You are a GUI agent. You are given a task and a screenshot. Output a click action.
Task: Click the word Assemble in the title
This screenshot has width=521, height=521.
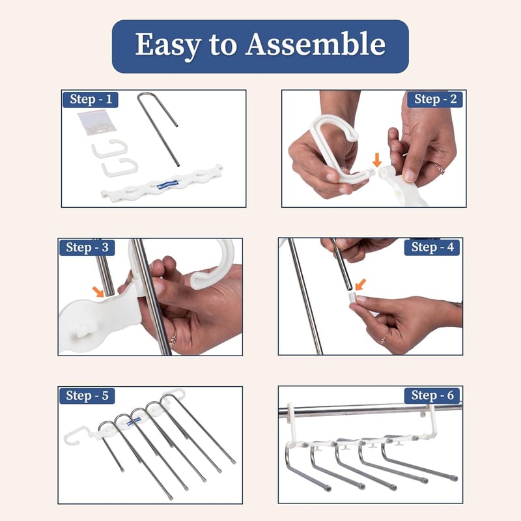click(x=315, y=44)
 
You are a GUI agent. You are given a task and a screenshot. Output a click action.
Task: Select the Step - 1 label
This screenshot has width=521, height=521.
click(x=91, y=100)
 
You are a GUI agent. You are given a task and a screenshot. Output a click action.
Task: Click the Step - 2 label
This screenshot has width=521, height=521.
click(x=435, y=99)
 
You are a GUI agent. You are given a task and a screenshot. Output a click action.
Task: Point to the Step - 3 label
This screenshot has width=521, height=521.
click(x=87, y=247)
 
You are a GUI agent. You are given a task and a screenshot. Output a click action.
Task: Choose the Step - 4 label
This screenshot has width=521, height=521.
click(x=432, y=247)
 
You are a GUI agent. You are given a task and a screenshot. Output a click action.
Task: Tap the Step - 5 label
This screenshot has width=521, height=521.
click(x=87, y=396)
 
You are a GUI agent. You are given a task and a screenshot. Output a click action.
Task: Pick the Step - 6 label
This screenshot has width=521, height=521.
click(x=432, y=395)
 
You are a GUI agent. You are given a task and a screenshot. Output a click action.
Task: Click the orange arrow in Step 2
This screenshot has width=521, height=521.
click(x=377, y=160)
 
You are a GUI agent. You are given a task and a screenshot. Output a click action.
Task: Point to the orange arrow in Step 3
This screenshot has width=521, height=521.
click(x=98, y=291)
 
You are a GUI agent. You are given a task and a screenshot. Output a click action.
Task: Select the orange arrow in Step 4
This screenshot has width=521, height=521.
click(x=360, y=285)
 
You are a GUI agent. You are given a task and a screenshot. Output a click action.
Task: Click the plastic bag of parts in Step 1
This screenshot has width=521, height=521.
click(x=96, y=123)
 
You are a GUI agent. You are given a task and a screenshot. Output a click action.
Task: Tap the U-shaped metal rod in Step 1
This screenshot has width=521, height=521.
click(x=159, y=130)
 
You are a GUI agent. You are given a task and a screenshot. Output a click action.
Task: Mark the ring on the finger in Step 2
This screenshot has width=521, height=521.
click(x=438, y=168)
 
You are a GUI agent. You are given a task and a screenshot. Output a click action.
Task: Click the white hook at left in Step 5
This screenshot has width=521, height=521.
click(x=77, y=435)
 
